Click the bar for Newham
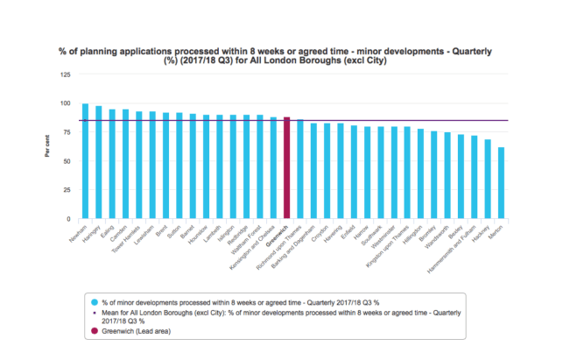click(85, 161)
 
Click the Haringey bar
click(98, 162)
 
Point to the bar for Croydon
click(327, 171)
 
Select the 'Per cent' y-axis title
click(46, 146)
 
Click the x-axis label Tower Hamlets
click(130, 235)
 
